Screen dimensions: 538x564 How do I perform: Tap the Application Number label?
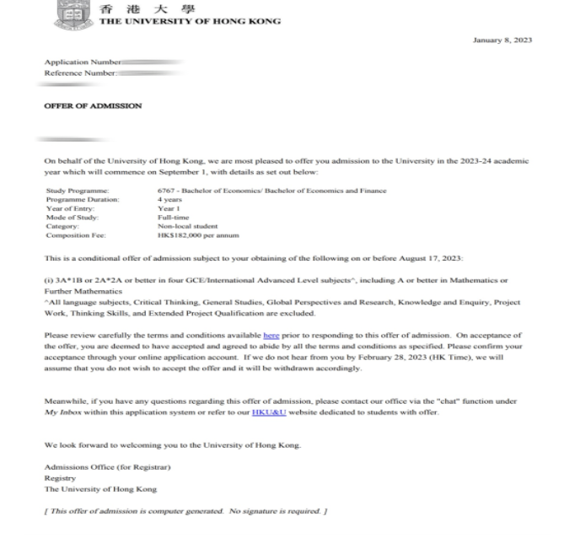(78, 62)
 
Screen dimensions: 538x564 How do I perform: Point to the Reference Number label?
(78, 72)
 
